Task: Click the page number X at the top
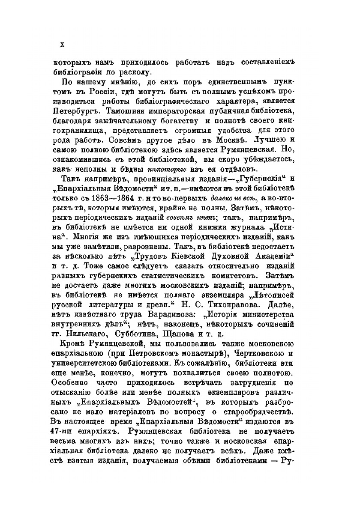coord(62,45)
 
